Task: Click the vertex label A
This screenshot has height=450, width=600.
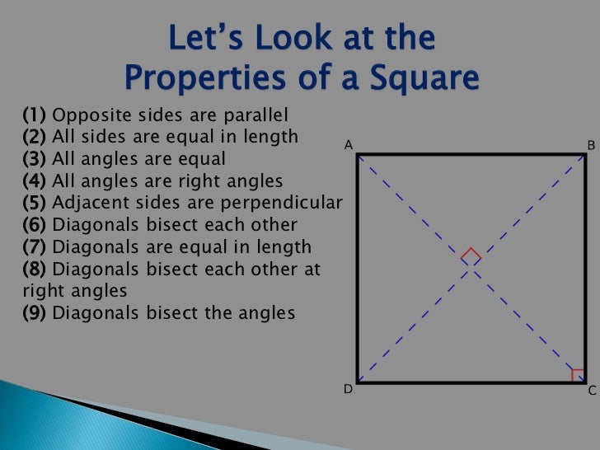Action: [349, 145]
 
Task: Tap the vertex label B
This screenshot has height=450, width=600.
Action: [591, 145]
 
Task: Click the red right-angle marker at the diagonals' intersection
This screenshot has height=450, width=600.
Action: [471, 255]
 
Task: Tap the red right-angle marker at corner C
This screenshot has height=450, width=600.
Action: [578, 375]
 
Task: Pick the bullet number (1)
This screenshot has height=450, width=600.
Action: [35, 115]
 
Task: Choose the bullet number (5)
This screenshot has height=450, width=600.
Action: [35, 203]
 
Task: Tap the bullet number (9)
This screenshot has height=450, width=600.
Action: [35, 313]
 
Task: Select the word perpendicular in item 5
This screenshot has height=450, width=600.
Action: [292, 203]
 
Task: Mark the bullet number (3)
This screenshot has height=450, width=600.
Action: [35, 158]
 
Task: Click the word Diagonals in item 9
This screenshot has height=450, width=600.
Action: [93, 313]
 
